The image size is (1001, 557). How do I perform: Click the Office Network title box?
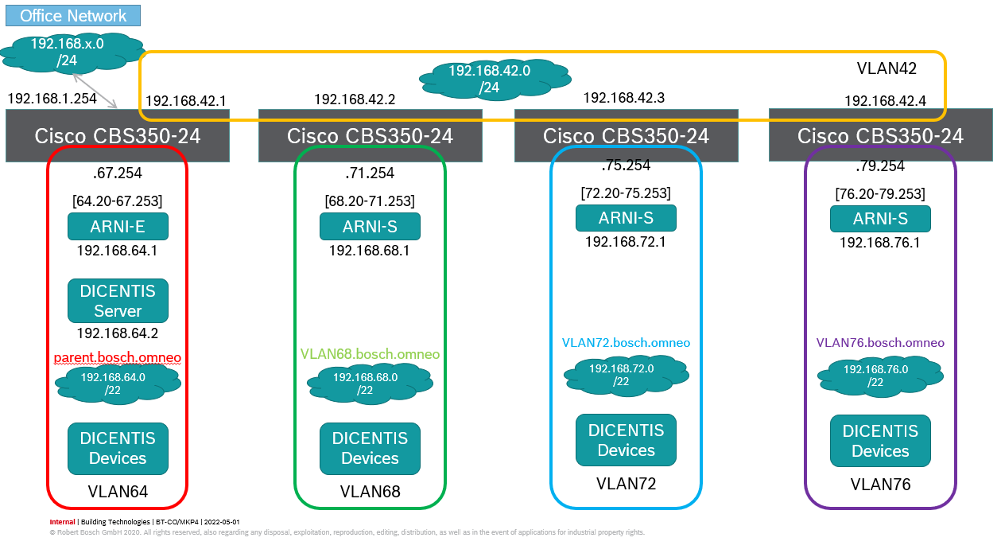pos(73,16)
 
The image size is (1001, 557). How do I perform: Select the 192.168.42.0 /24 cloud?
pos(490,78)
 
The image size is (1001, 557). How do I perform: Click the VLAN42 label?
pos(887,68)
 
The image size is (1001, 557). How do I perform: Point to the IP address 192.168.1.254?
pos(52,98)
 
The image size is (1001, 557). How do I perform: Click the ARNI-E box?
pos(118,227)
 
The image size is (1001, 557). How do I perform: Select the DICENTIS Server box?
pos(118,301)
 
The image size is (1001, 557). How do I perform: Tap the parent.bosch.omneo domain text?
pos(118,358)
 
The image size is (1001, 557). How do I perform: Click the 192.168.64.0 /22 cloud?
pos(118,383)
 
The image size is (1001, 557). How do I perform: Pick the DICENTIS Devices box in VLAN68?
pos(370,449)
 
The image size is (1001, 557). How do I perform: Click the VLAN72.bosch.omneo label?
pos(626,343)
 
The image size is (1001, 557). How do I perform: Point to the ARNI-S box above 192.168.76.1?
pos(880,219)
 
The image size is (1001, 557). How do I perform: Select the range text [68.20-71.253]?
pos(370,201)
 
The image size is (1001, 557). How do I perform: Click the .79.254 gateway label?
pos(880,166)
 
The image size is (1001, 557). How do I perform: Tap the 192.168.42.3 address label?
pos(623,97)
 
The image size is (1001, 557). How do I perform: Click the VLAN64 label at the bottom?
pos(118,492)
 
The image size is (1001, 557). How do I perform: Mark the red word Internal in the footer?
pos(62,522)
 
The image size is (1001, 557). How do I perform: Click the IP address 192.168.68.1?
pos(370,251)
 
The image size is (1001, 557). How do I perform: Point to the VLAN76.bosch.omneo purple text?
pos(880,343)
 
